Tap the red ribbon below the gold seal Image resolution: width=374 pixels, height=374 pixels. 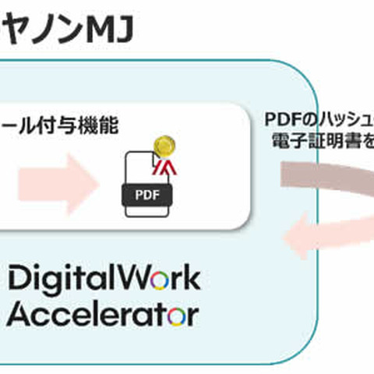[x=166, y=165]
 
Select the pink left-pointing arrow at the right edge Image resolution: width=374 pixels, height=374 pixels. [x=327, y=234]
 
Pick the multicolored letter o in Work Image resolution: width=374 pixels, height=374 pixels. [x=161, y=280]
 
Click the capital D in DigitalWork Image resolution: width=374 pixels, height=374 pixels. [x=19, y=279]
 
